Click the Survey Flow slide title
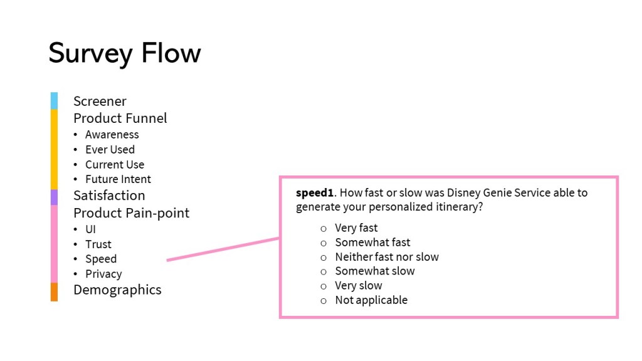pos(124,53)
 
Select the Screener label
pos(100,101)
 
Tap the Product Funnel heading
pos(120,118)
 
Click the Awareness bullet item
pos(112,134)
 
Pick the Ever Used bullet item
pos(110,149)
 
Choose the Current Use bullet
pos(115,164)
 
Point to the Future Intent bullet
pos(118,179)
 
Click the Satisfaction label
pos(109,195)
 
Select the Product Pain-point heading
pos(131,212)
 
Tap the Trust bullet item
pos(98,244)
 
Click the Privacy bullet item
pos(103,274)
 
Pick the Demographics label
pos(117,290)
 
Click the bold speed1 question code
pos(314,192)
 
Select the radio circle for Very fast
pos(324,228)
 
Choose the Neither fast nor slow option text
pos(387,256)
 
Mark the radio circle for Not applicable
pos(324,300)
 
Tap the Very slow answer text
pos(359,285)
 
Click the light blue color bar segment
pos(54,100)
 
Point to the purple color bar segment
pos(54,197)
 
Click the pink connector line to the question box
pos(223,249)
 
